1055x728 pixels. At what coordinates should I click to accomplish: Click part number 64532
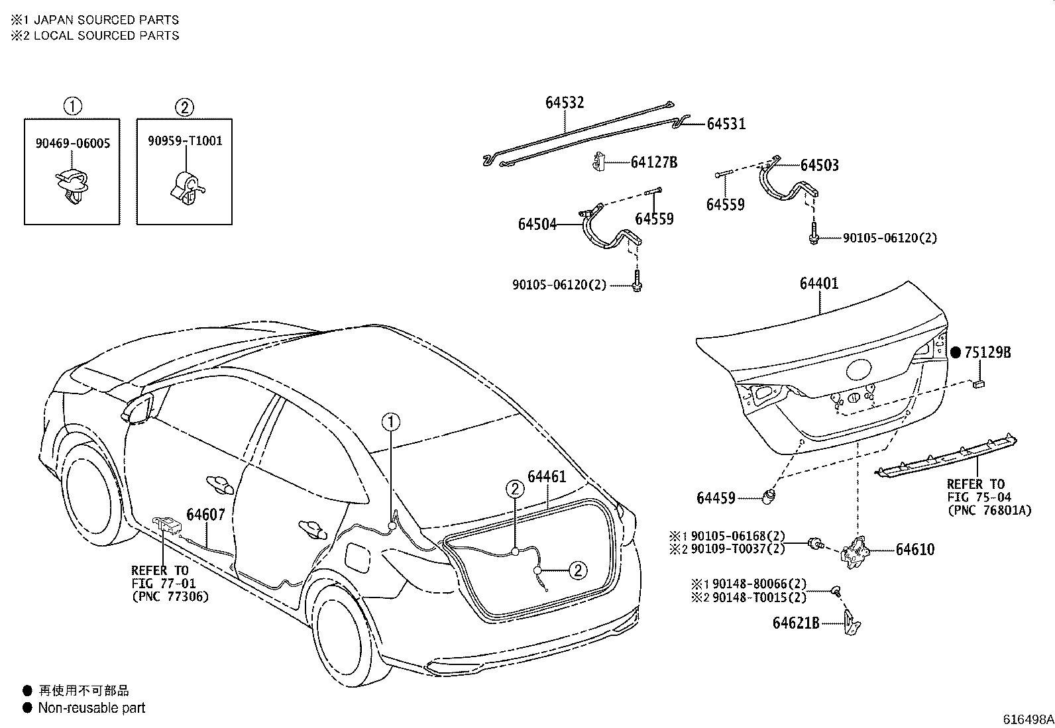click(565, 102)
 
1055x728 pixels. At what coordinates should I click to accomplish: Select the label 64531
click(726, 124)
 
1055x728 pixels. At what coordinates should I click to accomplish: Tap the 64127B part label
click(653, 162)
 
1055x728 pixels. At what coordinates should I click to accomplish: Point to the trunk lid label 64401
click(819, 284)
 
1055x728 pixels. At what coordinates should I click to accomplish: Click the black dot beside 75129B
click(955, 352)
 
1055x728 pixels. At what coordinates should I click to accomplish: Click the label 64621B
click(796, 623)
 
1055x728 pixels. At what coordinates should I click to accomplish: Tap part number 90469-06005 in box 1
click(73, 143)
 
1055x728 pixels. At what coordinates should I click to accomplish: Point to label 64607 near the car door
click(205, 515)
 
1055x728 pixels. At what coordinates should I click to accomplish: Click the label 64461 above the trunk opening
click(547, 477)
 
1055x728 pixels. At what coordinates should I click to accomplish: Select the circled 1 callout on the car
click(391, 421)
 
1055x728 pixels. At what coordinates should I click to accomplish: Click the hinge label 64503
click(819, 166)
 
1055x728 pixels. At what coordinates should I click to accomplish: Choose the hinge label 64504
click(537, 225)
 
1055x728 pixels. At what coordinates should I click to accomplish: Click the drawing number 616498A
click(1028, 719)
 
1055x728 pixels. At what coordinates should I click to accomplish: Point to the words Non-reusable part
click(91, 708)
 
